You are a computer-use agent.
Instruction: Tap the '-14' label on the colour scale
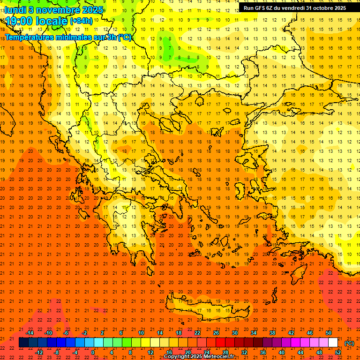pos(30,333)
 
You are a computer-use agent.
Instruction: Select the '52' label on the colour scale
pos(338,352)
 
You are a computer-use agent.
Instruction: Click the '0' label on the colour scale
pos(93,352)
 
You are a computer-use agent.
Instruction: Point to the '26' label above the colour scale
pos(216,333)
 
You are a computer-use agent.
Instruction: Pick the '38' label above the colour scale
pos(272,333)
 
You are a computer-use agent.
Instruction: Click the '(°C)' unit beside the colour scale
pos(349,343)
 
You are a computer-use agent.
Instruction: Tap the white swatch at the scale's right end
pos(333,343)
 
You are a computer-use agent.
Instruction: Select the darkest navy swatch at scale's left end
pos(23,343)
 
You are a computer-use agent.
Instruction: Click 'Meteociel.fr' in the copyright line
pos(218,357)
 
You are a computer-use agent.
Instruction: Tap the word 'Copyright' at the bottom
pos(177,357)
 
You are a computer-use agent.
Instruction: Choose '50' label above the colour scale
pos(328,333)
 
